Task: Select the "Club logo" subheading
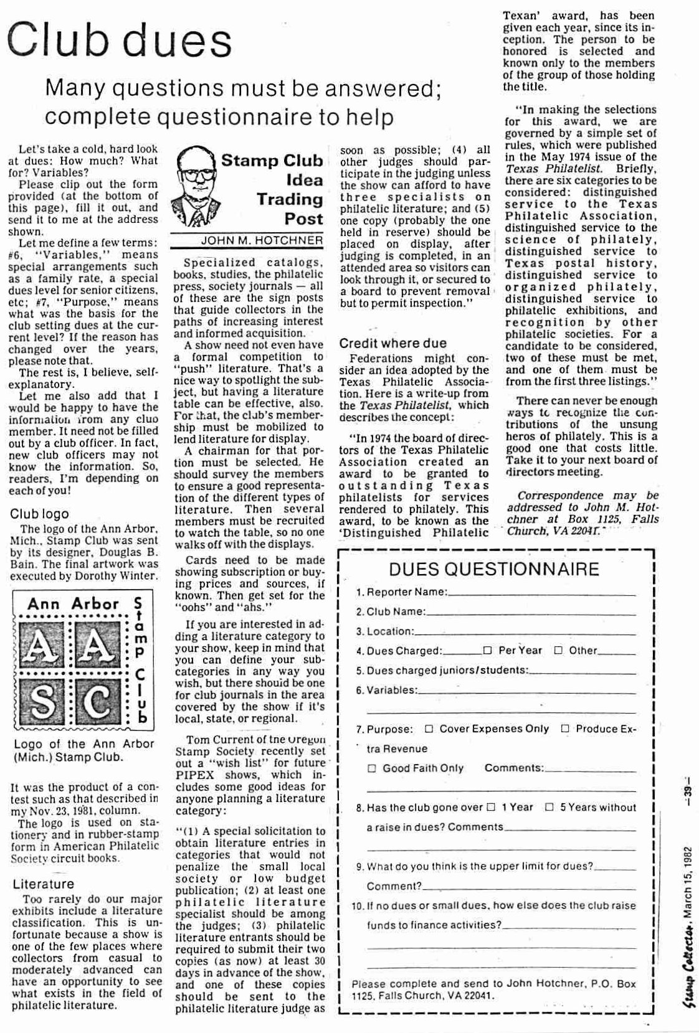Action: pyautogui.click(x=39, y=514)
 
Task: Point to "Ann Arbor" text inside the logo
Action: pyautogui.click(x=73, y=603)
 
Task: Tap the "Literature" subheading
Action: pyautogui.click(x=43, y=884)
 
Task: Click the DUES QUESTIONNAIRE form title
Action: pyautogui.click(x=494, y=569)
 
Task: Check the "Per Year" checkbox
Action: pyautogui.click(x=488, y=651)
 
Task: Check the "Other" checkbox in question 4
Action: pyautogui.click(x=558, y=651)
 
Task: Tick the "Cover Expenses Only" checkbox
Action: pyautogui.click(x=429, y=729)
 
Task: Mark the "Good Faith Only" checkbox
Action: pyautogui.click(x=372, y=768)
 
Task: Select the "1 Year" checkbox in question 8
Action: pyautogui.click(x=491, y=808)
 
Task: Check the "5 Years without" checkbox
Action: pyautogui.click(x=549, y=808)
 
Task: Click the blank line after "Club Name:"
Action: pyautogui.click(x=531, y=613)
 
